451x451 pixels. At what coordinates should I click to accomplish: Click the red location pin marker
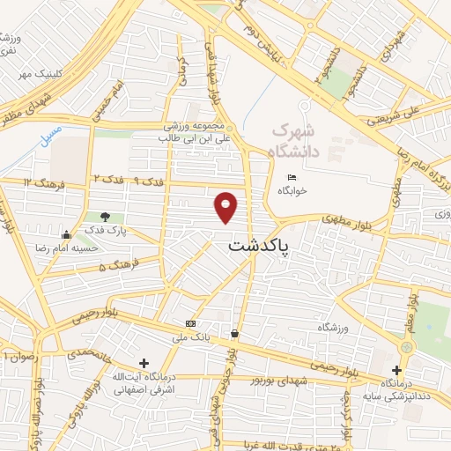(x=227, y=206)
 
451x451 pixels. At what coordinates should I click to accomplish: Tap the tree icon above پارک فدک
(x=106, y=217)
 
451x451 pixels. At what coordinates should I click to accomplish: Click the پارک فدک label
(x=110, y=231)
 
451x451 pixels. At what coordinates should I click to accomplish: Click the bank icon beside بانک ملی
(x=191, y=323)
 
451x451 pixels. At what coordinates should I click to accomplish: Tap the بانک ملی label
(x=191, y=336)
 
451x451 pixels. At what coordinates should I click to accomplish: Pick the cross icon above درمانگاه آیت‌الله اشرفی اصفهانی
(x=144, y=363)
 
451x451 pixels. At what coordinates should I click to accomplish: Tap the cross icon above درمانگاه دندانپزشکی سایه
(x=396, y=371)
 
